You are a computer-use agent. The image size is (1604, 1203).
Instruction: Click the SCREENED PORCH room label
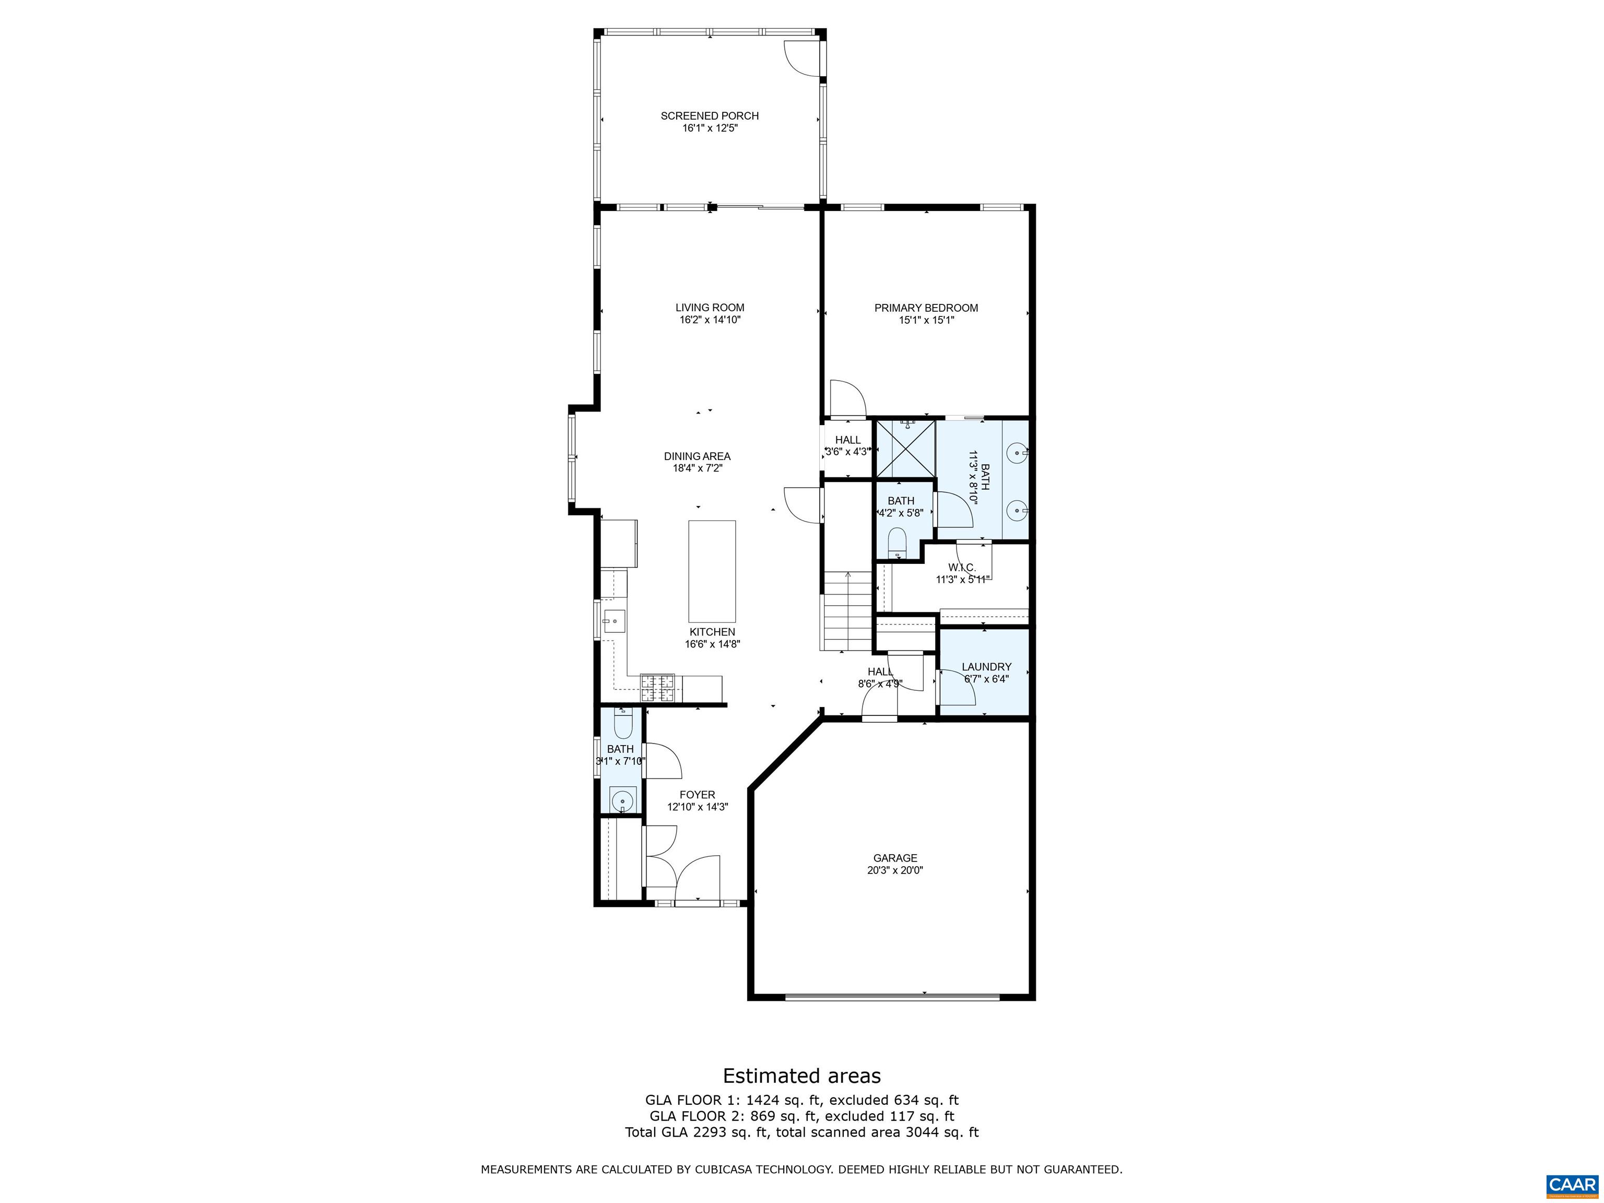click(709, 116)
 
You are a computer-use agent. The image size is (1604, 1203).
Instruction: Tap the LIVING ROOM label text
click(709, 308)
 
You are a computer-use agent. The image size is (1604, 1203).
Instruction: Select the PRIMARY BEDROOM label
click(926, 308)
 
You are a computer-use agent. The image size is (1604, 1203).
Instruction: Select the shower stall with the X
click(905, 450)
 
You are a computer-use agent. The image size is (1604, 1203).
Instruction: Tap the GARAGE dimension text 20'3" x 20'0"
click(895, 870)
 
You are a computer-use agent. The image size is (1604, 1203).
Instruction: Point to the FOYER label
click(697, 795)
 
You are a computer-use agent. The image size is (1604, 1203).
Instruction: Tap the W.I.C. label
click(962, 567)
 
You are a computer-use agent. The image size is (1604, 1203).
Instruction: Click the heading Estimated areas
click(801, 1076)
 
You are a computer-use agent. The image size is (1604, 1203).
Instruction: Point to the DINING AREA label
click(697, 456)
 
